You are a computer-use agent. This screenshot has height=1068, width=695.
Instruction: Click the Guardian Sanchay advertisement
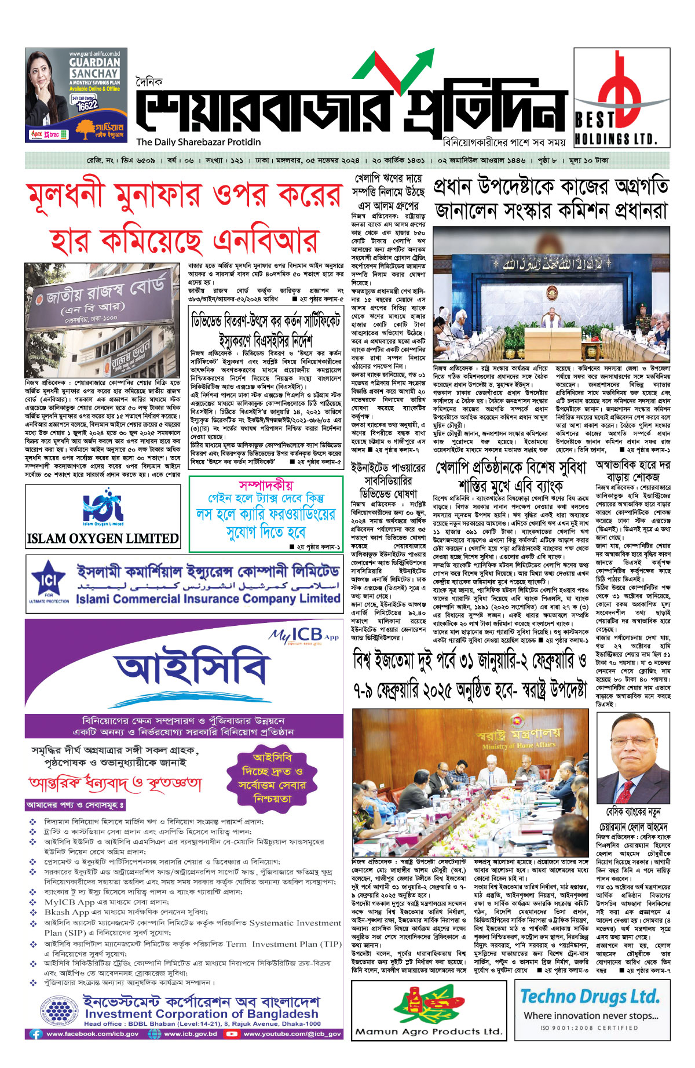(x=76, y=95)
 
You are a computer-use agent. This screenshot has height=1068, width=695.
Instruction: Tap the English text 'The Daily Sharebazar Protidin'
(x=198, y=142)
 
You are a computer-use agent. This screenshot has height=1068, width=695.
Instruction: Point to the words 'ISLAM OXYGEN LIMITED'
(x=103, y=538)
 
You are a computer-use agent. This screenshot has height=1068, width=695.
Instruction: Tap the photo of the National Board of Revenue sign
(x=103, y=320)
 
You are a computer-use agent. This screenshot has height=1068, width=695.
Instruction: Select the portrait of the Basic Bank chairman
(x=633, y=757)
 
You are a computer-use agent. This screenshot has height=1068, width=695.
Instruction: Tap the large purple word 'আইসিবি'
(x=191, y=669)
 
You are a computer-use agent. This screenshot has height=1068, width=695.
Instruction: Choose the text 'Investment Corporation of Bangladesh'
(x=201, y=1014)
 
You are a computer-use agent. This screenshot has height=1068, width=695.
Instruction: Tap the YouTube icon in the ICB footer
(x=231, y=1033)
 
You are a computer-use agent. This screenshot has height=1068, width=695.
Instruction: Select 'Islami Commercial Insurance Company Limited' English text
(x=207, y=599)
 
